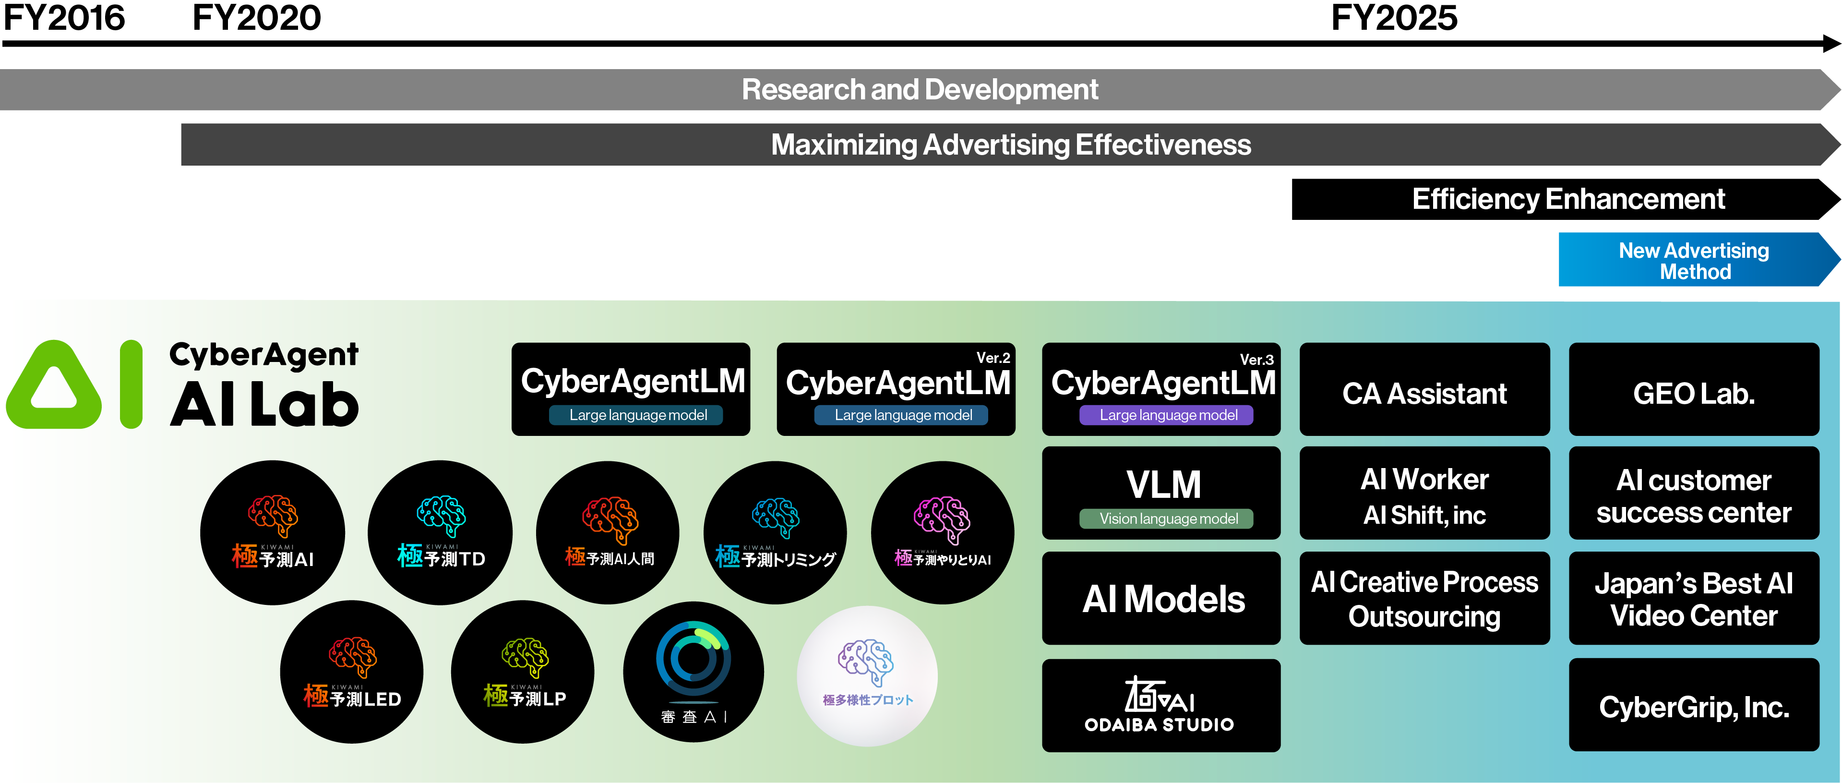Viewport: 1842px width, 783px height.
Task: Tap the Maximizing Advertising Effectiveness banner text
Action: [1010, 145]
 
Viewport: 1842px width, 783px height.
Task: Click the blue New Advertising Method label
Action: [1694, 262]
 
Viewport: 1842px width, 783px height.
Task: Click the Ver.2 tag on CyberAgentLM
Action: [993, 358]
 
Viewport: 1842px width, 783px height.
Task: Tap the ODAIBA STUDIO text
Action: [1159, 725]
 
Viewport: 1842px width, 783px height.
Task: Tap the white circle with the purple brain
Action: [867, 676]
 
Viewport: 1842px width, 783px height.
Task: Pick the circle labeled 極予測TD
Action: [441, 533]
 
